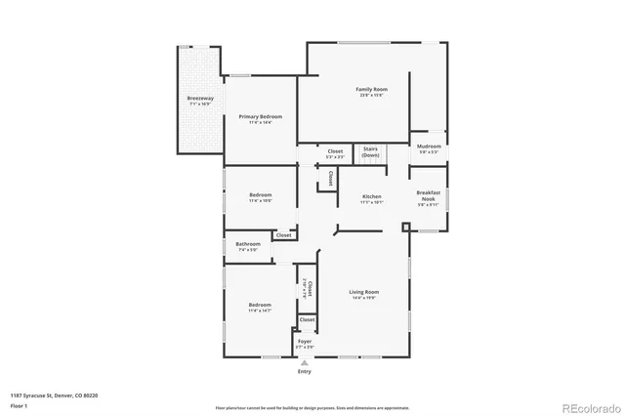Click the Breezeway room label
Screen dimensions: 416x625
pos(199,100)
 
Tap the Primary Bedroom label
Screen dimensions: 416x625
pos(260,118)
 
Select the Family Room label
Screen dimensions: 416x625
pos(371,91)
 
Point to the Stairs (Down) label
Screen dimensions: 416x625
pos(370,152)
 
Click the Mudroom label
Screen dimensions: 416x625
pos(430,147)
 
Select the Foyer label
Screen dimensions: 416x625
pos(305,343)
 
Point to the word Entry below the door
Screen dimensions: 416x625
pos(305,371)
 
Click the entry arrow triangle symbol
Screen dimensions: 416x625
pos(305,361)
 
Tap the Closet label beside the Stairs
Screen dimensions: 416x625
pos(335,152)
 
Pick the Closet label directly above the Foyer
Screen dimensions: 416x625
pos(307,319)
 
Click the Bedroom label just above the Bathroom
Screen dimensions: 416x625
pos(260,196)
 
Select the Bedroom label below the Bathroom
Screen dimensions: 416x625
pos(259,307)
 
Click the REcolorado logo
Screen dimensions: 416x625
pos(589,405)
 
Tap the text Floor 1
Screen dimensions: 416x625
pos(19,403)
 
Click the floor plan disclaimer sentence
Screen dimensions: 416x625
pos(312,406)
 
